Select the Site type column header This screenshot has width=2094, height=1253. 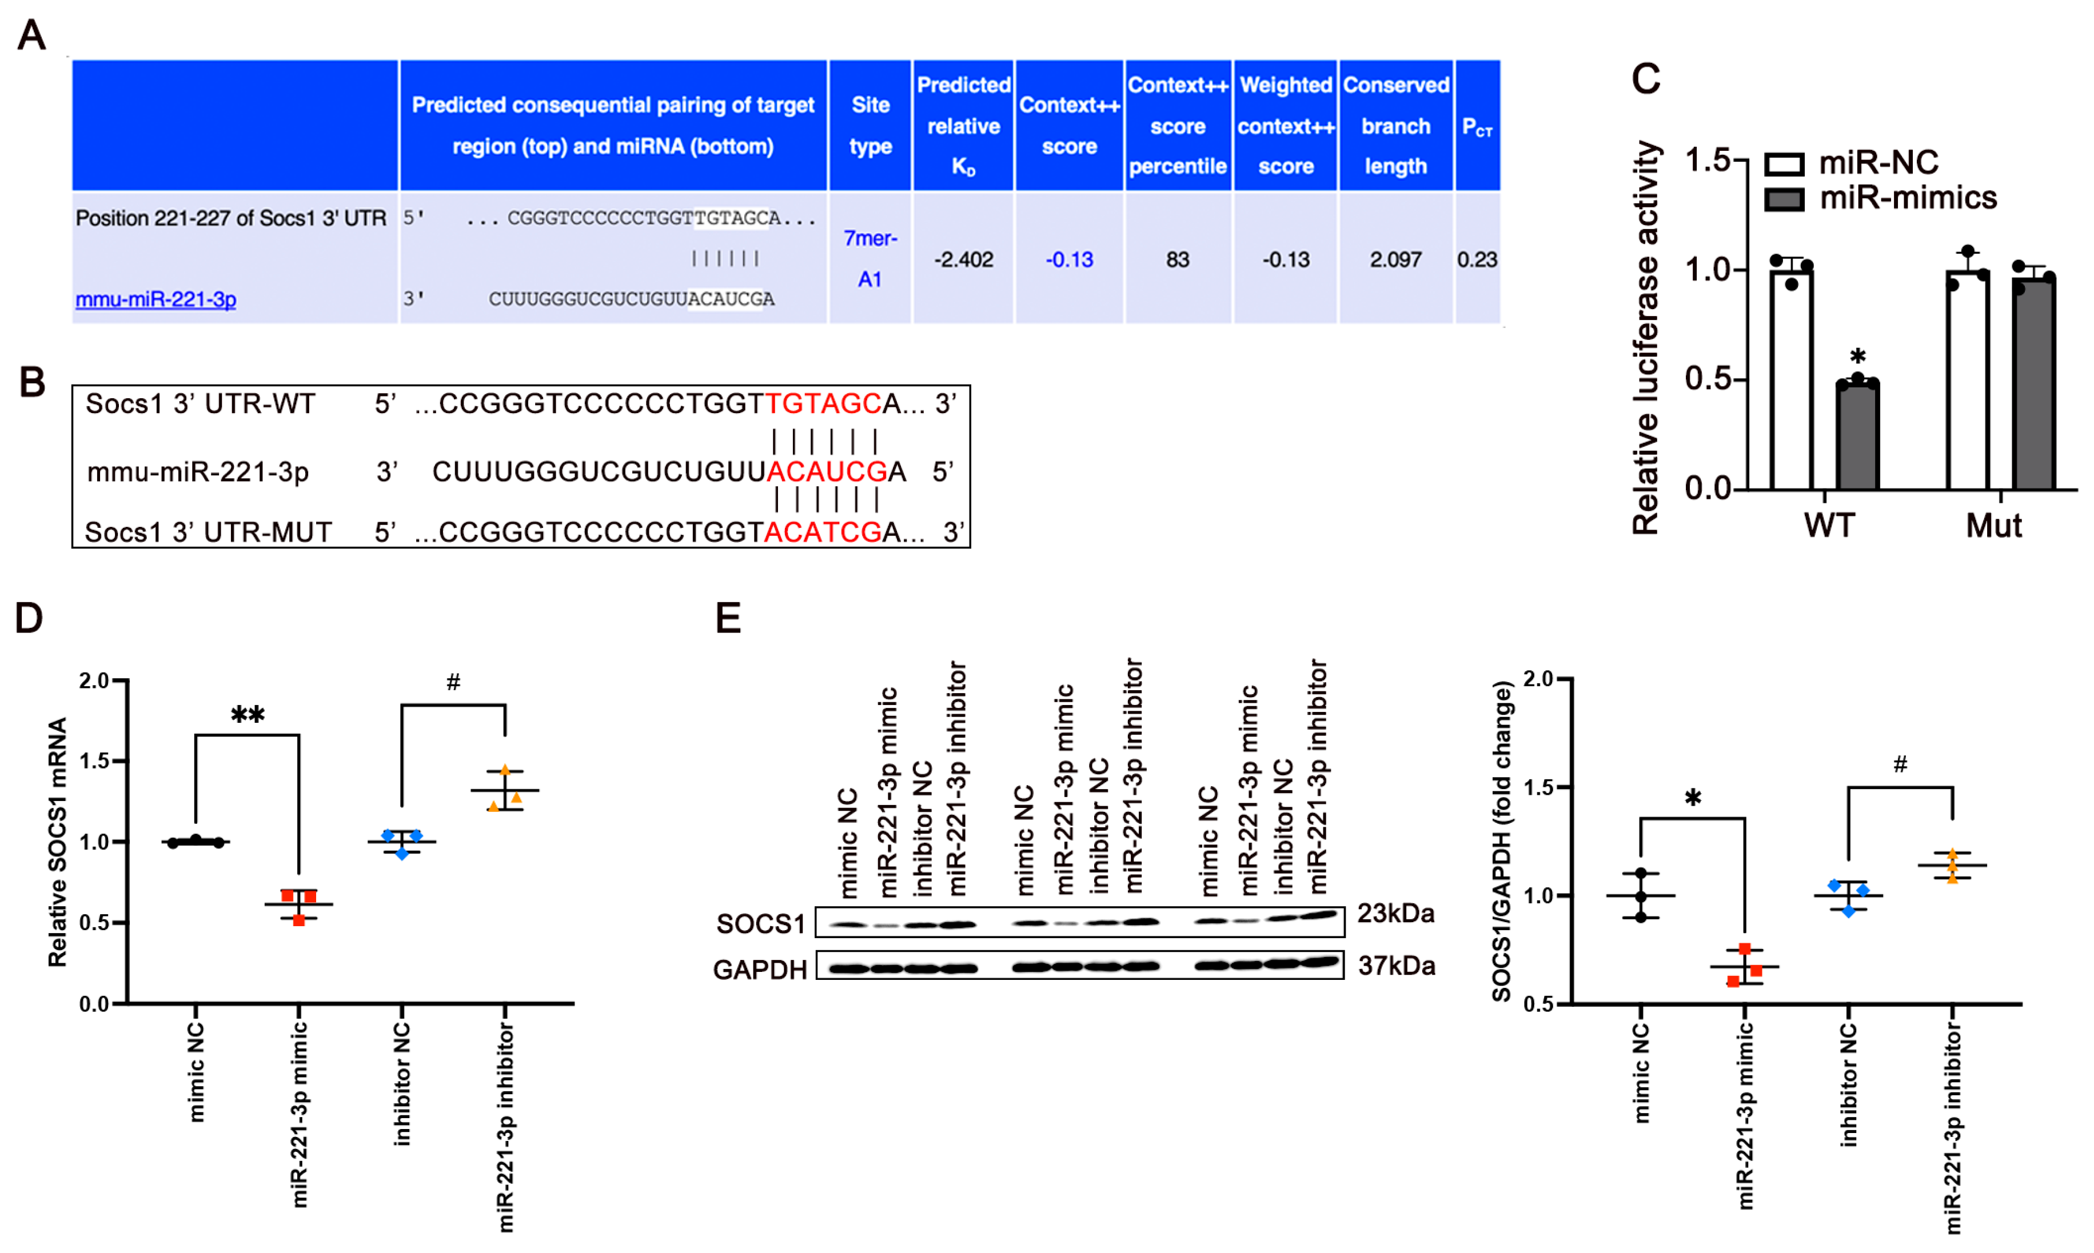[870, 125]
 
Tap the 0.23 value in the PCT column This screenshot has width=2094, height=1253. [1477, 259]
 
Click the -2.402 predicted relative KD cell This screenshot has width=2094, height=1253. [963, 259]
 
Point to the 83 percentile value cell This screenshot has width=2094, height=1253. [1178, 259]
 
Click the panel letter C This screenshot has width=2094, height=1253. [1645, 79]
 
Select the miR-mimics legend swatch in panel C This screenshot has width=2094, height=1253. [1784, 199]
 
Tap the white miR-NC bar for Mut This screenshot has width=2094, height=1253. [1967, 380]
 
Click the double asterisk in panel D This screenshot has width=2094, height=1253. [248, 716]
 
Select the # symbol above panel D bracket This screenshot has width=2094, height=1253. [453, 682]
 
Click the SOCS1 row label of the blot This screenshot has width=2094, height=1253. [760, 924]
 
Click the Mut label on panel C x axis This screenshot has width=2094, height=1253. [1993, 525]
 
